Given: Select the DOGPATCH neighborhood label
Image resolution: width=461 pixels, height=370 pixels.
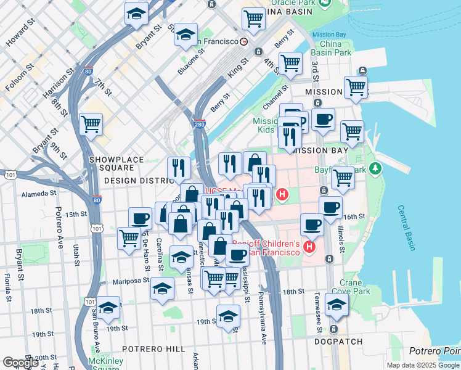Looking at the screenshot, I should tap(335, 340).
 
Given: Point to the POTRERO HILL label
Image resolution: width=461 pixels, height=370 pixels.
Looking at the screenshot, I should tap(153, 348).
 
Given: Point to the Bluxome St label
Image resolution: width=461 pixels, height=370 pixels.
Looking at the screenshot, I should tap(190, 64).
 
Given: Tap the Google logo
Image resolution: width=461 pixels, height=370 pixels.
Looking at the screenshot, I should tap(20, 363).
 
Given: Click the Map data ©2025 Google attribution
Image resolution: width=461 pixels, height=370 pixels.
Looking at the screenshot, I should tap(423, 365).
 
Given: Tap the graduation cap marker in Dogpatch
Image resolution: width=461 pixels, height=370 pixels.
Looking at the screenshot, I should tap(336, 303).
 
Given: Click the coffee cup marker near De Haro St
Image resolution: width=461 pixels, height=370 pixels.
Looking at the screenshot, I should tap(140, 218).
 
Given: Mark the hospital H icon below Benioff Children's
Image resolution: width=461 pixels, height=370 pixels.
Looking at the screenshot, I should tap(309, 248).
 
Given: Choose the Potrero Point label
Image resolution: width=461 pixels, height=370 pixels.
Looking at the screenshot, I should tap(434, 351).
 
